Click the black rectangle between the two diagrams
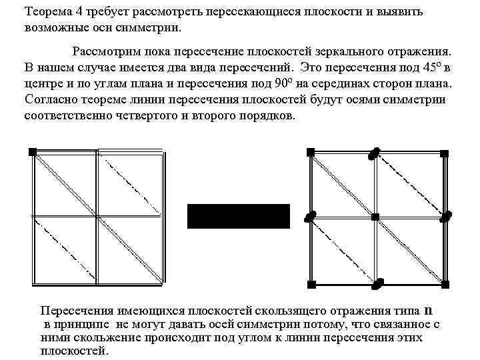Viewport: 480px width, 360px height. coord(238,216)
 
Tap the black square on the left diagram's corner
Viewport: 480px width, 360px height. coord(32,152)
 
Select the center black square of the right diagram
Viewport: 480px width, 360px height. coord(375,217)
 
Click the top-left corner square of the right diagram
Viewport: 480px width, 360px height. coord(311,152)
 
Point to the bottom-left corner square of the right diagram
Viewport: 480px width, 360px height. coord(311,285)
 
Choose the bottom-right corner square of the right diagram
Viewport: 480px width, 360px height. coord(443,285)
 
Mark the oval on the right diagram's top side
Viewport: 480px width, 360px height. coord(376,153)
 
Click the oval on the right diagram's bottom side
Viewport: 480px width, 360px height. coord(377,285)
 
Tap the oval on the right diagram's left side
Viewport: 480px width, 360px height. coord(310,216)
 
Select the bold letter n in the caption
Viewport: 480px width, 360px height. coord(428,310)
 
